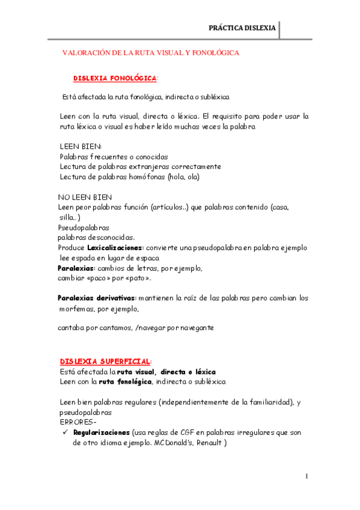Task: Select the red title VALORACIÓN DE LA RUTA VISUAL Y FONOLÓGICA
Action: click(151, 53)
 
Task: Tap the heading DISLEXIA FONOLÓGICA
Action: click(115, 79)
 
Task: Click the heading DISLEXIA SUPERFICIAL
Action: click(105, 361)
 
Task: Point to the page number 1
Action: click(307, 476)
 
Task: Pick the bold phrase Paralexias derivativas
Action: click(97, 298)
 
